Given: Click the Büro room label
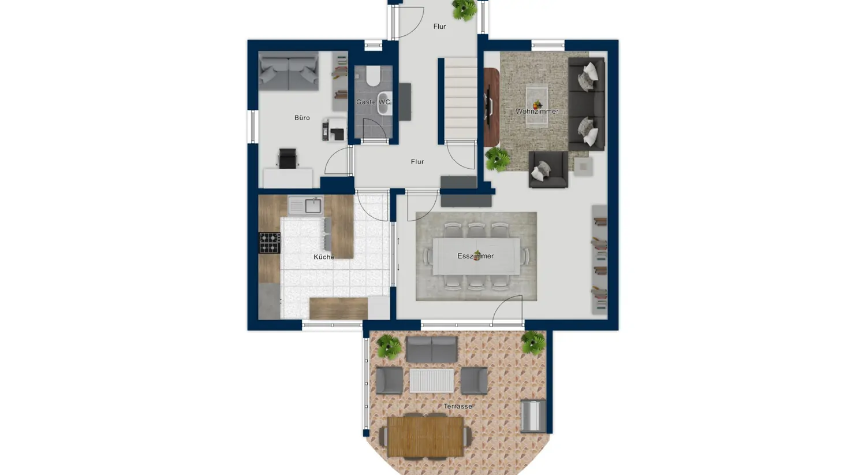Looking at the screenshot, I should (x=302, y=118).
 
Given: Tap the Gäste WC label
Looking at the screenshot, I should (x=373, y=102).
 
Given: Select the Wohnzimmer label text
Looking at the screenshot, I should (x=537, y=112).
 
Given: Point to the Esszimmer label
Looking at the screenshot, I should (x=475, y=256).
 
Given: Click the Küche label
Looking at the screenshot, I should (x=323, y=257).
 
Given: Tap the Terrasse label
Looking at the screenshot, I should (x=458, y=407).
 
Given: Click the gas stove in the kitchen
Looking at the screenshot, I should (x=269, y=243).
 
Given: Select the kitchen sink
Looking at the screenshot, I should (x=306, y=205).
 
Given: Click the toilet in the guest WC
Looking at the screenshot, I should (x=373, y=76).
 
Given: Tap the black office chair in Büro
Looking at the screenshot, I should (x=288, y=158).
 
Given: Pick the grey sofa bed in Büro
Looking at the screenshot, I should (x=288, y=71).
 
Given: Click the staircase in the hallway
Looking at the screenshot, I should (x=460, y=98).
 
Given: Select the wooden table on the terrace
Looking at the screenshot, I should (x=425, y=436).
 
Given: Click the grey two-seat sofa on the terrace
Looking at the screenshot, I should (x=431, y=350).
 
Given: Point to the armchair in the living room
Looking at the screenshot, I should (x=548, y=169).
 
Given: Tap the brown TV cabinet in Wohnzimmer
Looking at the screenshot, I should (x=491, y=107).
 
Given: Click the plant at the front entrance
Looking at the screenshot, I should (x=464, y=9).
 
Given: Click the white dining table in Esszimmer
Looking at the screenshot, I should (x=476, y=257).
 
